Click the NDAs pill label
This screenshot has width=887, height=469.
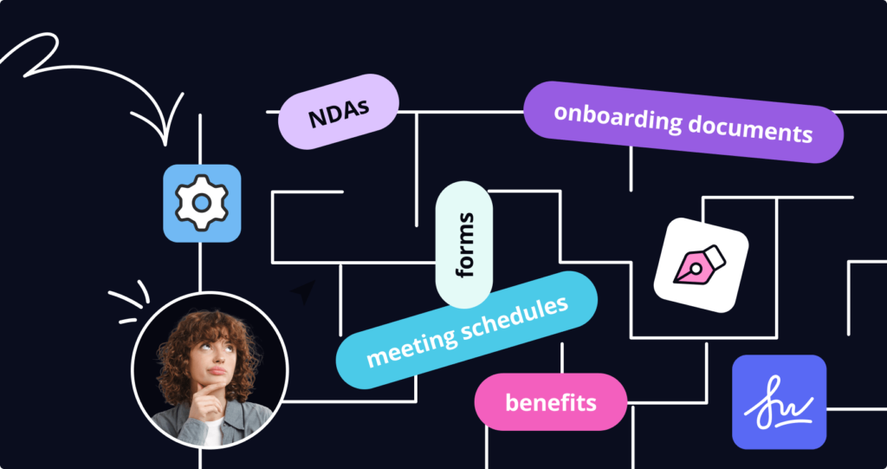(338, 112)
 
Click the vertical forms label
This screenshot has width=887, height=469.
(464, 244)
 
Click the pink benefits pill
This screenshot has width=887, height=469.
(550, 402)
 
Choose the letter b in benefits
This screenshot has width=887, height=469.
(511, 402)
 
